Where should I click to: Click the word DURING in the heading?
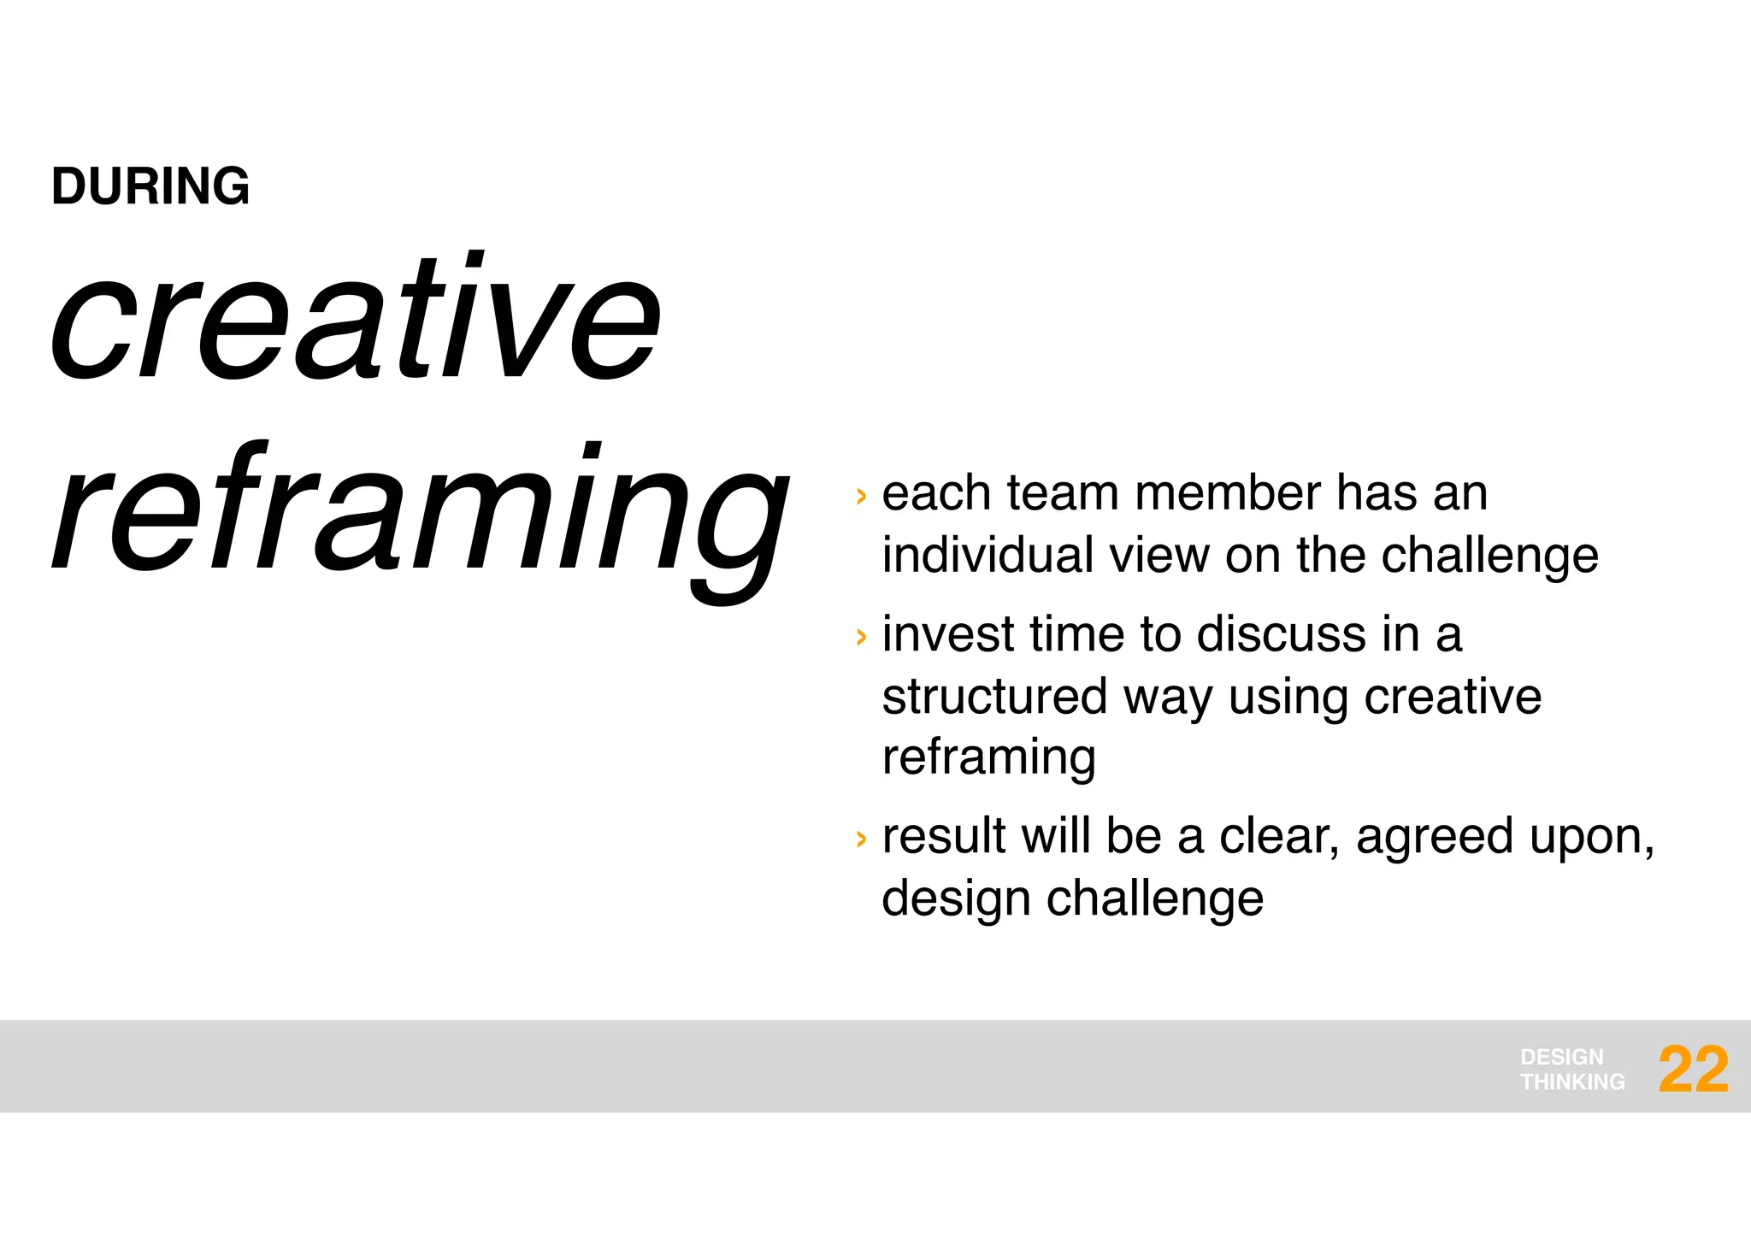coord(150,186)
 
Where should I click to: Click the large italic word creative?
coord(355,321)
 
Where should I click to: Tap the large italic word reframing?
coord(419,513)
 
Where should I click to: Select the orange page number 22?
coord(1693,1069)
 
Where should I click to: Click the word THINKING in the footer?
coord(1572,1082)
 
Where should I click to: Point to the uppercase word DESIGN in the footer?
coord(1562,1057)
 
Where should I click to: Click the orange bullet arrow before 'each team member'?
coord(861,496)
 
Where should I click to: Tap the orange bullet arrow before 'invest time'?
coord(861,637)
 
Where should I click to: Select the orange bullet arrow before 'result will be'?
coord(861,839)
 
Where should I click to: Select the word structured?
coord(995,697)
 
